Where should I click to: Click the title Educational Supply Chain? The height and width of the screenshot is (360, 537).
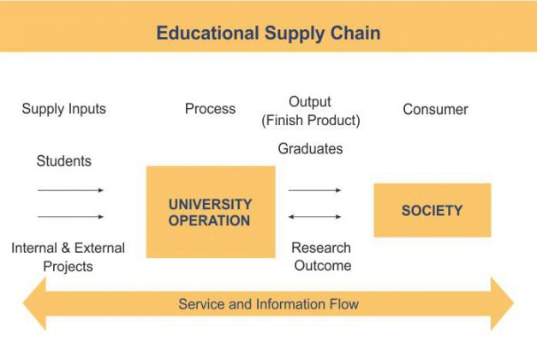[x=268, y=33]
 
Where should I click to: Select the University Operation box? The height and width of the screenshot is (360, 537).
[x=210, y=212]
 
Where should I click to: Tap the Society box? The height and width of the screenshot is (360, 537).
[x=432, y=210]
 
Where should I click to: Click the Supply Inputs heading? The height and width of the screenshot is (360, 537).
[x=64, y=109]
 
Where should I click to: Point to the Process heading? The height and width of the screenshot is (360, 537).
[x=210, y=109]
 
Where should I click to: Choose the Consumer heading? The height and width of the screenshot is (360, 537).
[x=435, y=110]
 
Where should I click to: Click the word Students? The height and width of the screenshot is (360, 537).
[x=63, y=161]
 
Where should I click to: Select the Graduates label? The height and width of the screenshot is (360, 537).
[x=310, y=149]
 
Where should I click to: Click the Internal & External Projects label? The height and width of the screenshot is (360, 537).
[x=68, y=257]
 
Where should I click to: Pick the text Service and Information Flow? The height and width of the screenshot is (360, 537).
[x=268, y=304]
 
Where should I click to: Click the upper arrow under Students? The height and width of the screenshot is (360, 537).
[x=70, y=190]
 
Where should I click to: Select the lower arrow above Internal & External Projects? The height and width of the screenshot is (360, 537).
[x=70, y=217]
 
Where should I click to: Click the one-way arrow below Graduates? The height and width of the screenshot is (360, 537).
[x=314, y=190]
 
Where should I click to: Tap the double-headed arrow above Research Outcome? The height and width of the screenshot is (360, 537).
[x=314, y=217]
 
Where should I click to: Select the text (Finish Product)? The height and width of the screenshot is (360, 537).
[x=310, y=121]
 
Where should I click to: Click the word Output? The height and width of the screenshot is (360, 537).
[x=310, y=102]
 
